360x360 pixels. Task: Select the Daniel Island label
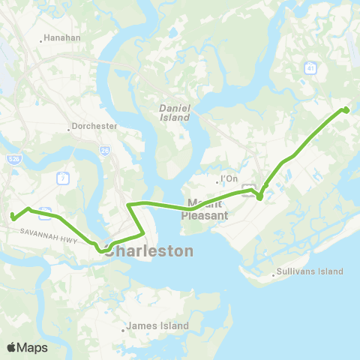coord(175,112)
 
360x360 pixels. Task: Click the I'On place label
coord(229,179)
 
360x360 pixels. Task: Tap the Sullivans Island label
coord(311,271)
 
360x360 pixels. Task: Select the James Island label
coord(158,326)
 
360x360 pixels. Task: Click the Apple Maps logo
coord(26,347)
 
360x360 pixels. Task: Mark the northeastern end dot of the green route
coord(346,110)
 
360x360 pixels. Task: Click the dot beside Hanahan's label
coord(41,37)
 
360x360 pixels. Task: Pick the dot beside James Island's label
coord(124,328)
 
